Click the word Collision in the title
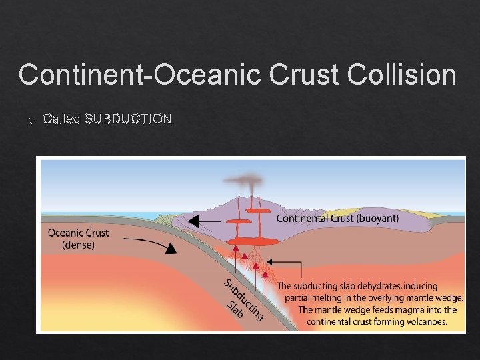pyautogui.click(x=403, y=74)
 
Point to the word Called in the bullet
pyautogui.click(x=61, y=119)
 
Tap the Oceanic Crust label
pyautogui.click(x=78, y=233)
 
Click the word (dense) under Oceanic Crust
pyautogui.click(x=78, y=245)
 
